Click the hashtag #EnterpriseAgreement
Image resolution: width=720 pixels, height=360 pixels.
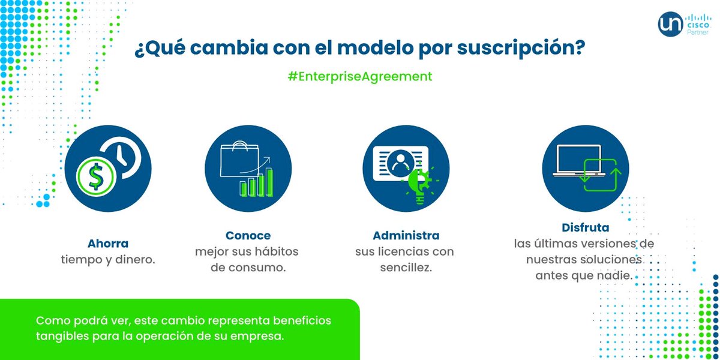pyautogui.click(x=359, y=77)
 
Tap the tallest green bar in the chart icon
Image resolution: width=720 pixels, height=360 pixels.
pyautogui.click(x=270, y=182)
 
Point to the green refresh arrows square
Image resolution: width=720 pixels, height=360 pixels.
pyautogui.click(x=602, y=175)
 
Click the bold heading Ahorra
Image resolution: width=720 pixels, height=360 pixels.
pyautogui.click(x=108, y=244)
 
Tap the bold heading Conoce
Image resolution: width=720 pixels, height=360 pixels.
pyautogui.click(x=248, y=235)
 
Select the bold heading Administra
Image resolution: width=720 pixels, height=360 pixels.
pyautogui.click(x=406, y=235)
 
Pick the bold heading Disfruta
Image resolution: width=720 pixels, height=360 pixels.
pyautogui.click(x=585, y=228)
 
